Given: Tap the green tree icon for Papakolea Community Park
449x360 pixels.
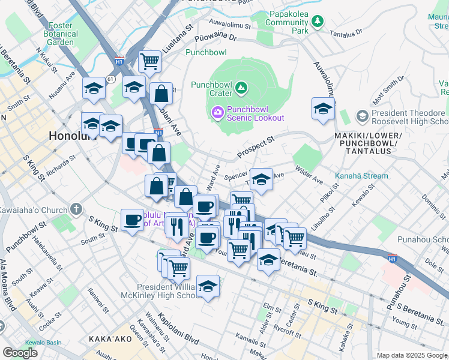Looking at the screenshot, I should tap(317, 22).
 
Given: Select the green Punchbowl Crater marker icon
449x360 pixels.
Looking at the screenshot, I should tap(241, 88).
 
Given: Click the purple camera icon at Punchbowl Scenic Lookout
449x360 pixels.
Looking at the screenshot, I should tap(217, 112).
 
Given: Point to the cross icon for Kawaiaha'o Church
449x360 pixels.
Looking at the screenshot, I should tap(76, 209).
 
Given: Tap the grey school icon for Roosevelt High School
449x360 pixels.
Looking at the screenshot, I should tap(362, 114).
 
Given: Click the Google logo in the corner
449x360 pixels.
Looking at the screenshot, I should tap(20, 353).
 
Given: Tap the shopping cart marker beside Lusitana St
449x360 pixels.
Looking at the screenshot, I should tap(149, 61).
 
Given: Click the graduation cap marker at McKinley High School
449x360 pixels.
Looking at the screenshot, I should tap(208, 286).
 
